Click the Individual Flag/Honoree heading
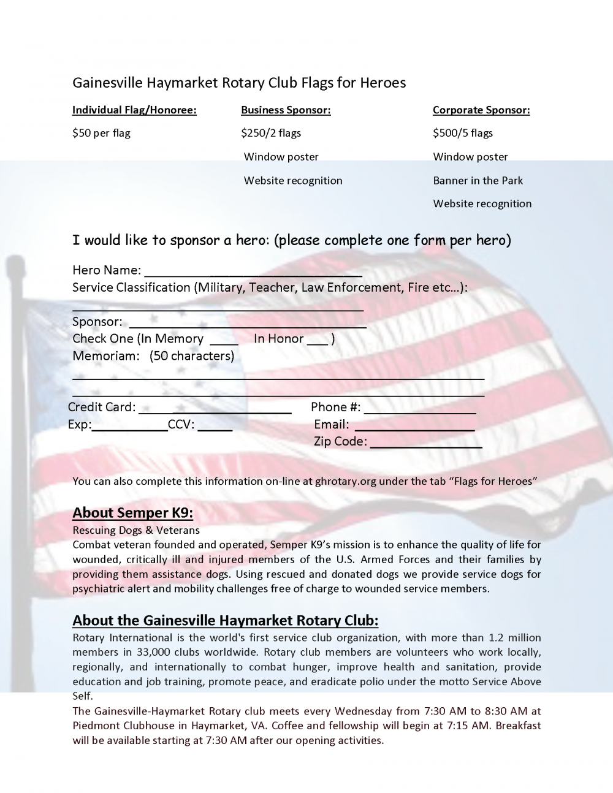point(134,110)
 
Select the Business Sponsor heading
point(286,110)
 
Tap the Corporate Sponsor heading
point(481,110)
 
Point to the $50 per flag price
point(101,133)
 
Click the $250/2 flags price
point(271,133)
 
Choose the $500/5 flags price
point(463,133)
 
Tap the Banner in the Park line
point(478,180)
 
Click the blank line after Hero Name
point(253,274)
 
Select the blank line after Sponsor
point(248,325)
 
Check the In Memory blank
point(224,343)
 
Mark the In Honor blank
point(317,343)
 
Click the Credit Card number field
point(215,411)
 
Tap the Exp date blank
point(129,428)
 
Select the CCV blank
point(215,428)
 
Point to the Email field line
point(414,428)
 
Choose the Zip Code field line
point(425,446)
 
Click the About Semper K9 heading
point(133,513)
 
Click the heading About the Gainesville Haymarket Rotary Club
point(225,620)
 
